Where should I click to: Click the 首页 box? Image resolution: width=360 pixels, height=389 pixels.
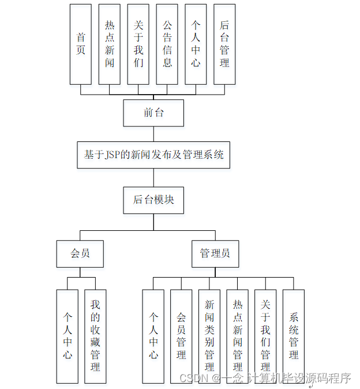(x=81, y=44)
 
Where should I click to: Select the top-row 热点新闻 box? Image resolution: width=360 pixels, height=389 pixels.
(x=110, y=44)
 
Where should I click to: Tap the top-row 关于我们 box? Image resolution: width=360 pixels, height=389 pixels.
(x=138, y=44)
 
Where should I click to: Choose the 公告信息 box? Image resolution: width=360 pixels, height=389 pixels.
(x=167, y=44)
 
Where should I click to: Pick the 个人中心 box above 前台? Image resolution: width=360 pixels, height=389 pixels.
(x=196, y=44)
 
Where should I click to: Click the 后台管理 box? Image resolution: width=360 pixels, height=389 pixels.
(x=224, y=44)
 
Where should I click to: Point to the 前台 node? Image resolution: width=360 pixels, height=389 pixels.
(x=153, y=113)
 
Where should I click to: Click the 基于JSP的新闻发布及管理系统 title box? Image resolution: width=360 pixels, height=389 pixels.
(x=153, y=155)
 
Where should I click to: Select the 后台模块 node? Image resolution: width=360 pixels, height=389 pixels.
(x=153, y=200)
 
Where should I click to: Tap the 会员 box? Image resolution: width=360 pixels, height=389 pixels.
(x=80, y=253)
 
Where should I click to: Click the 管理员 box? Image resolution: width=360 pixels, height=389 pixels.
(x=215, y=253)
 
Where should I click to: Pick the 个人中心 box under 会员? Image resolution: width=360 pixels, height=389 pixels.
(x=67, y=336)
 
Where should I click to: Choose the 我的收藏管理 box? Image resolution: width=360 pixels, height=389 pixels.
(x=95, y=336)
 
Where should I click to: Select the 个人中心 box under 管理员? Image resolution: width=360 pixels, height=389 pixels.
(x=153, y=336)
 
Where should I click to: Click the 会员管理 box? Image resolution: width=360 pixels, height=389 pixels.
(x=181, y=336)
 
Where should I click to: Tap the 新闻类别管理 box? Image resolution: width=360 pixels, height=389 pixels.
(x=209, y=336)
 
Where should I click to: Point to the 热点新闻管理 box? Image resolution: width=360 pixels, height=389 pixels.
(x=238, y=336)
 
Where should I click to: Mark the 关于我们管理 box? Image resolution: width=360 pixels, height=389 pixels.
(x=265, y=336)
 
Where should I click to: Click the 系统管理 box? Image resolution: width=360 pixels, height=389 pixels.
(x=294, y=336)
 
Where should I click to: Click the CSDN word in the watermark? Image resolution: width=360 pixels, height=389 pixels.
(x=193, y=378)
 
